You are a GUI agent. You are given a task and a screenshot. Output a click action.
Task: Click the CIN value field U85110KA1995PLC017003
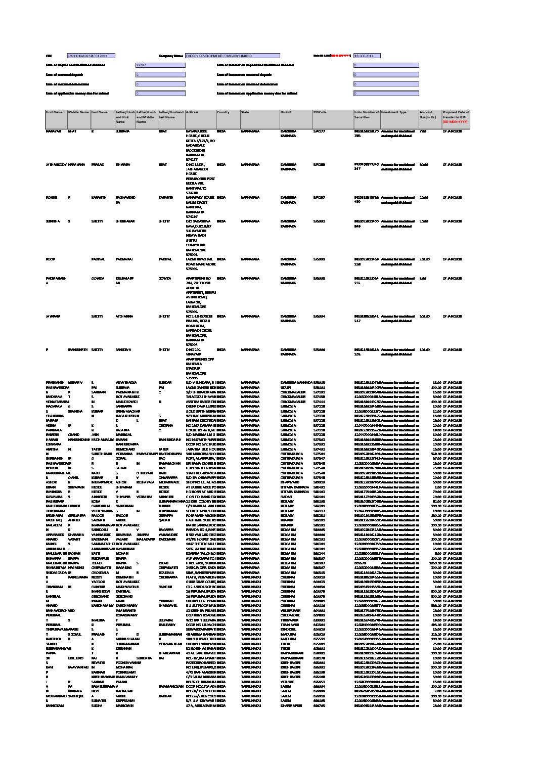click(x=91, y=56)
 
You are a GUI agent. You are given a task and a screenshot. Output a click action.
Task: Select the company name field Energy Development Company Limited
click(x=232, y=56)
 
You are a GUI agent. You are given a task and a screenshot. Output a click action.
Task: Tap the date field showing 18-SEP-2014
click(x=367, y=56)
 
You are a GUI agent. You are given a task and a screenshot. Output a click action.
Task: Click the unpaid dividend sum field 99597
click(x=160, y=65)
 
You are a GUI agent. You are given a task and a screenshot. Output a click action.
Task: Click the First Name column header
click(x=54, y=112)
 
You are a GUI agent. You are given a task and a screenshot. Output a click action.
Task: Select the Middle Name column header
click(x=78, y=112)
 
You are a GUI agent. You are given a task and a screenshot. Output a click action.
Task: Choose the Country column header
click(x=224, y=112)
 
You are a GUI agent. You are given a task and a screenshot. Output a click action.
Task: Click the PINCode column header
click(x=320, y=112)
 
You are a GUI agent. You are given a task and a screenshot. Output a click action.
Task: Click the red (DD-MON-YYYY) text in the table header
click(x=455, y=122)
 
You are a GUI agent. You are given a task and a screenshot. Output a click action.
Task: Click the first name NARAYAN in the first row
click(x=53, y=131)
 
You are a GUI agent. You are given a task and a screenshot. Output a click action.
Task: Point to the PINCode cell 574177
click(x=319, y=131)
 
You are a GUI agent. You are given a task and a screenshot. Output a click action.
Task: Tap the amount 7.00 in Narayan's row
click(x=423, y=131)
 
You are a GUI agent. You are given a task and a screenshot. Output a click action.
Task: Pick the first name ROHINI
click(x=52, y=197)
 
